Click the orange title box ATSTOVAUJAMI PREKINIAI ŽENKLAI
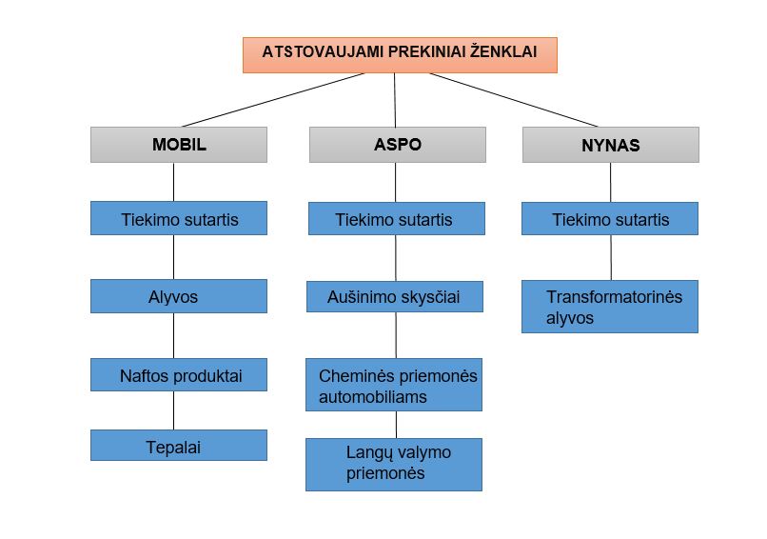(x=400, y=55)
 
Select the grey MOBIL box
(x=179, y=145)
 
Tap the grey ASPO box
(x=397, y=145)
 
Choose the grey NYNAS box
(x=611, y=145)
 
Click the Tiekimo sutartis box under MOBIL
(x=179, y=218)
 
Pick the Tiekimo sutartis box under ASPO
(x=396, y=218)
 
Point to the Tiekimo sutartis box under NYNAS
(x=609, y=218)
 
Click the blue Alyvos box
(x=179, y=296)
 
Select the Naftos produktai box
(x=179, y=374)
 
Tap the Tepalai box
(x=179, y=445)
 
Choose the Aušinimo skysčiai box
(x=395, y=296)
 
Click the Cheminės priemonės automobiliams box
(x=394, y=385)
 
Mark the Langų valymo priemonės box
(x=394, y=464)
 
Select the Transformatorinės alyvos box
(x=609, y=307)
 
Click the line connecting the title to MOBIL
(x=273, y=100)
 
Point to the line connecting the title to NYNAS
(x=514, y=100)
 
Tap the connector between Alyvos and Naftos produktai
(x=173, y=335)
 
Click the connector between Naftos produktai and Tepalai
(x=173, y=410)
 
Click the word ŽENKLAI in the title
(x=503, y=50)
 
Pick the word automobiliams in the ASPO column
(x=373, y=396)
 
